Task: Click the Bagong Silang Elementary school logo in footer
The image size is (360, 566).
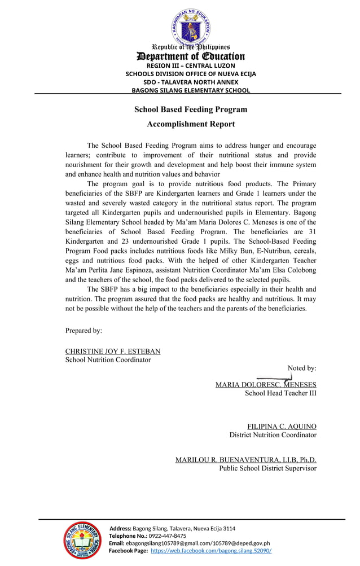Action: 82,541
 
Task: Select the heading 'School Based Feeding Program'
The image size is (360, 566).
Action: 191,109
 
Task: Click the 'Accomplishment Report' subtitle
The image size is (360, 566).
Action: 191,124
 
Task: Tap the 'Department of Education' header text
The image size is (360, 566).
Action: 191,56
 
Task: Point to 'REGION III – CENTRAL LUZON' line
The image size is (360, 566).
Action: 191,66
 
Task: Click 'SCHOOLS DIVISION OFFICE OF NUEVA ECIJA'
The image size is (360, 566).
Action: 191,74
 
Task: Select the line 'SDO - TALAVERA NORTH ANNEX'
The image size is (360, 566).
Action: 191,82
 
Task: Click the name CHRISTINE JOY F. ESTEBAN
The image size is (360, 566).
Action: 113,351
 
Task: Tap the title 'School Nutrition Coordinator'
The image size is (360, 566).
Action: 108,359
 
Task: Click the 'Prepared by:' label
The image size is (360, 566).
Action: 84,331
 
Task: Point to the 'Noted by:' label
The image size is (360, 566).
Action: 302,368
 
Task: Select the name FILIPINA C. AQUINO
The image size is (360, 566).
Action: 282,427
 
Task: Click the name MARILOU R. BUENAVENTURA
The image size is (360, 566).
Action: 245,460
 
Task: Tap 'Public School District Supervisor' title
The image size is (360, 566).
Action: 267,468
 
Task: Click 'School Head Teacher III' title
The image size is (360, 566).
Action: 280,393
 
